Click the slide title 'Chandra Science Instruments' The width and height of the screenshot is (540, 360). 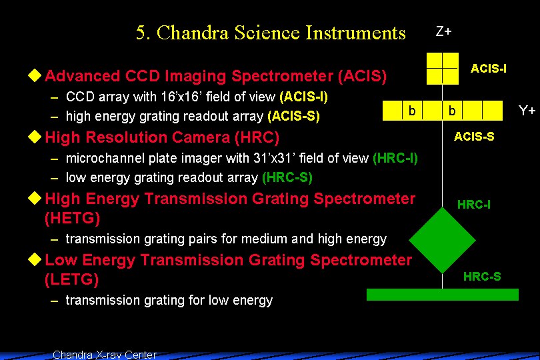tap(281, 33)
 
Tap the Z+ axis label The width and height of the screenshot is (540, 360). tap(443, 32)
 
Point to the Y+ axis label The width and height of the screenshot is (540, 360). tap(527, 111)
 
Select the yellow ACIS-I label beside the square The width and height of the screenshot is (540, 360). tap(489, 69)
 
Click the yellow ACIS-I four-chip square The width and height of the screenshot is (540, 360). tap(443, 69)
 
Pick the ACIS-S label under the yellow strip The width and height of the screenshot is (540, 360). tap(474, 137)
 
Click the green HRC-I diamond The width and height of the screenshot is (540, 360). tap(442, 241)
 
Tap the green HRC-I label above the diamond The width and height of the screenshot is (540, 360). tap(473, 205)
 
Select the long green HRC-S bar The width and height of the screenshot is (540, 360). tap(443, 295)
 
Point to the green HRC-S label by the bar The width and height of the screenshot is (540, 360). tap(482, 276)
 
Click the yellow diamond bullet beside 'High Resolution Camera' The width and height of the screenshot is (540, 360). tap(35, 137)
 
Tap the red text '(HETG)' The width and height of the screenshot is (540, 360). tap(72, 218)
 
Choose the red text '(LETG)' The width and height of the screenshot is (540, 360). tap(71, 279)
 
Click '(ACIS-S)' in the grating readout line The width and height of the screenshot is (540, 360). tap(293, 117)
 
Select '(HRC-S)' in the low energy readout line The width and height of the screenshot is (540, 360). tap(287, 178)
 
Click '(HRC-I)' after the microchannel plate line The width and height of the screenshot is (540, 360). tap(395, 159)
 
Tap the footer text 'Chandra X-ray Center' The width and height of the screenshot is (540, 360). tap(105, 355)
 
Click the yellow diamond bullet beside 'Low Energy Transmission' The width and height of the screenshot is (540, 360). tap(35, 259)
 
